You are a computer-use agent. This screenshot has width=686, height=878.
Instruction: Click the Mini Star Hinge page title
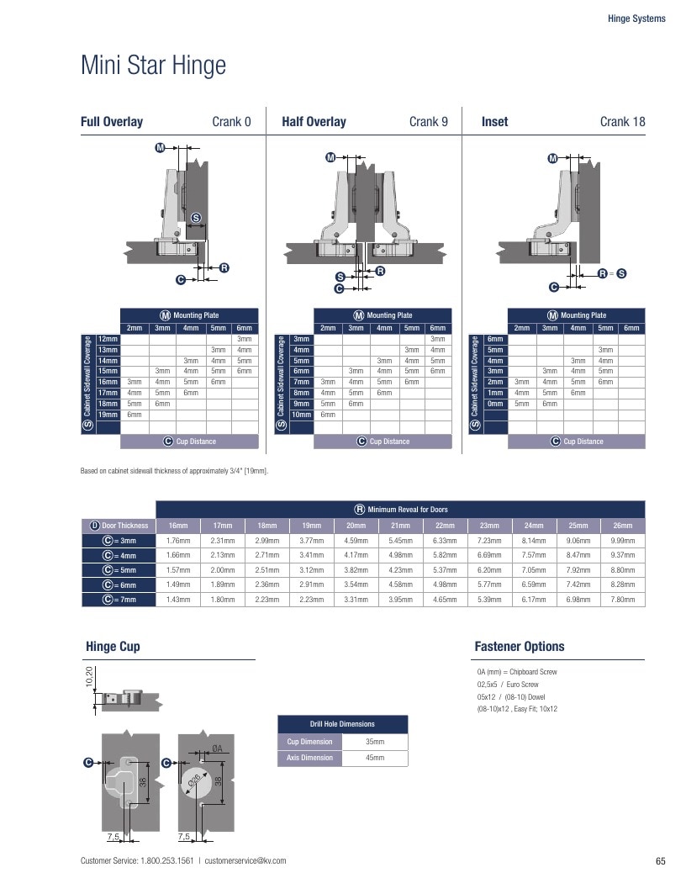pos(153,65)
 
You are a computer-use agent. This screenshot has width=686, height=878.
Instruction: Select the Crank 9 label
pos(428,121)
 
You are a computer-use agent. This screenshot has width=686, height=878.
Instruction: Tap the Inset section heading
pos(494,121)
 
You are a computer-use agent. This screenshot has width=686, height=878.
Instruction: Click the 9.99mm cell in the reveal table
pos(622,541)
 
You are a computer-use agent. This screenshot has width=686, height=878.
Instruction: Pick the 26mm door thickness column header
pos(622,526)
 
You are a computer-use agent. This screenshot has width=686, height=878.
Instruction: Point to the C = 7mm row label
pos(119,599)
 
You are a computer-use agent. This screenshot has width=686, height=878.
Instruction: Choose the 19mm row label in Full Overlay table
pos(108,415)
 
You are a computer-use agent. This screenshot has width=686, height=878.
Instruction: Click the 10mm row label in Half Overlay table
pos(301,415)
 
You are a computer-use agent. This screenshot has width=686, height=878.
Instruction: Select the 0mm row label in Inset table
pos(494,403)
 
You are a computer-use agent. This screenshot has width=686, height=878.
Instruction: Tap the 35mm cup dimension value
pos(375,742)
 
